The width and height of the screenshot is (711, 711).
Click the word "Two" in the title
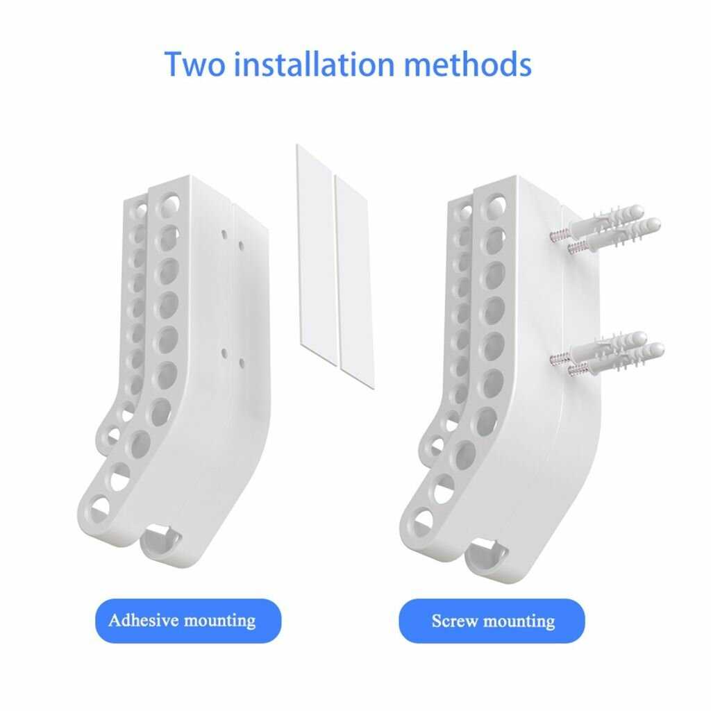[194, 64]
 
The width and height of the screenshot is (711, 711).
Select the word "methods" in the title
[467, 64]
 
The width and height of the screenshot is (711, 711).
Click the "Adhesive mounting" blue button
[188, 620]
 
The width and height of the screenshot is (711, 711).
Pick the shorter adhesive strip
[355, 281]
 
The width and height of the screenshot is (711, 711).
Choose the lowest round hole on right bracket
[422, 523]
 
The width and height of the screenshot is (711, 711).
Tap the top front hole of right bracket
[494, 204]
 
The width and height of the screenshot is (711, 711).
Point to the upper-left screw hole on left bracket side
[224, 234]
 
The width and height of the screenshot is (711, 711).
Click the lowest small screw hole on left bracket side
[242, 363]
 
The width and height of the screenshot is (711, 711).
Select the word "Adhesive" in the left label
[143, 620]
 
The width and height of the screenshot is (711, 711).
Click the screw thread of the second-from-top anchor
[578, 248]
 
